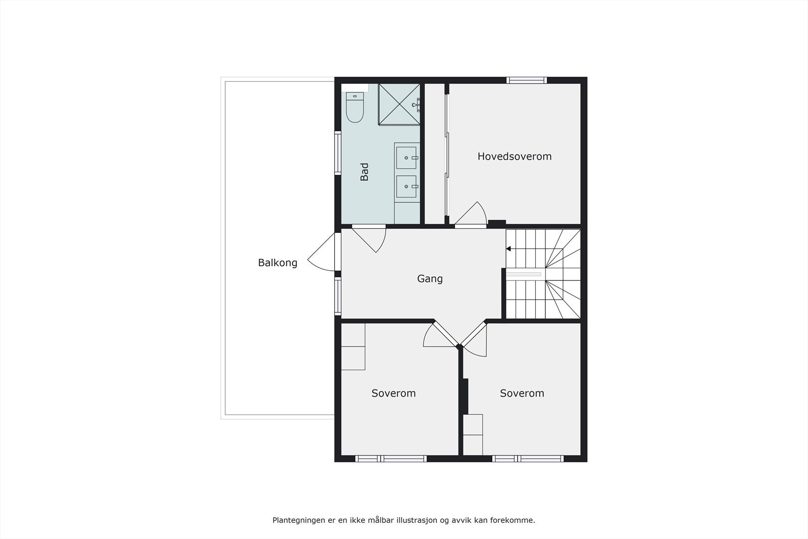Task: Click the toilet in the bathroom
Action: [355, 108]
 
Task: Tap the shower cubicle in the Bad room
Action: [399, 104]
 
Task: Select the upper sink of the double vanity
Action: [407, 158]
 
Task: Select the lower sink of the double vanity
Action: [407, 186]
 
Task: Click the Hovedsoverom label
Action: [514, 157]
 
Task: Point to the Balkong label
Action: [277, 263]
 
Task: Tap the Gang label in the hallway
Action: [430, 278]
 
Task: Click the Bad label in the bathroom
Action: [364, 172]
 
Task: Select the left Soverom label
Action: [393, 393]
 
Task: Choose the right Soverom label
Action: [522, 393]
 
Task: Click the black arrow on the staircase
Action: [509, 249]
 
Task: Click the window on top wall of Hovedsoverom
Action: [527, 80]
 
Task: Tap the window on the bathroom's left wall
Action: [338, 153]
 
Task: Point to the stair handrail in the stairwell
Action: [524, 274]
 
